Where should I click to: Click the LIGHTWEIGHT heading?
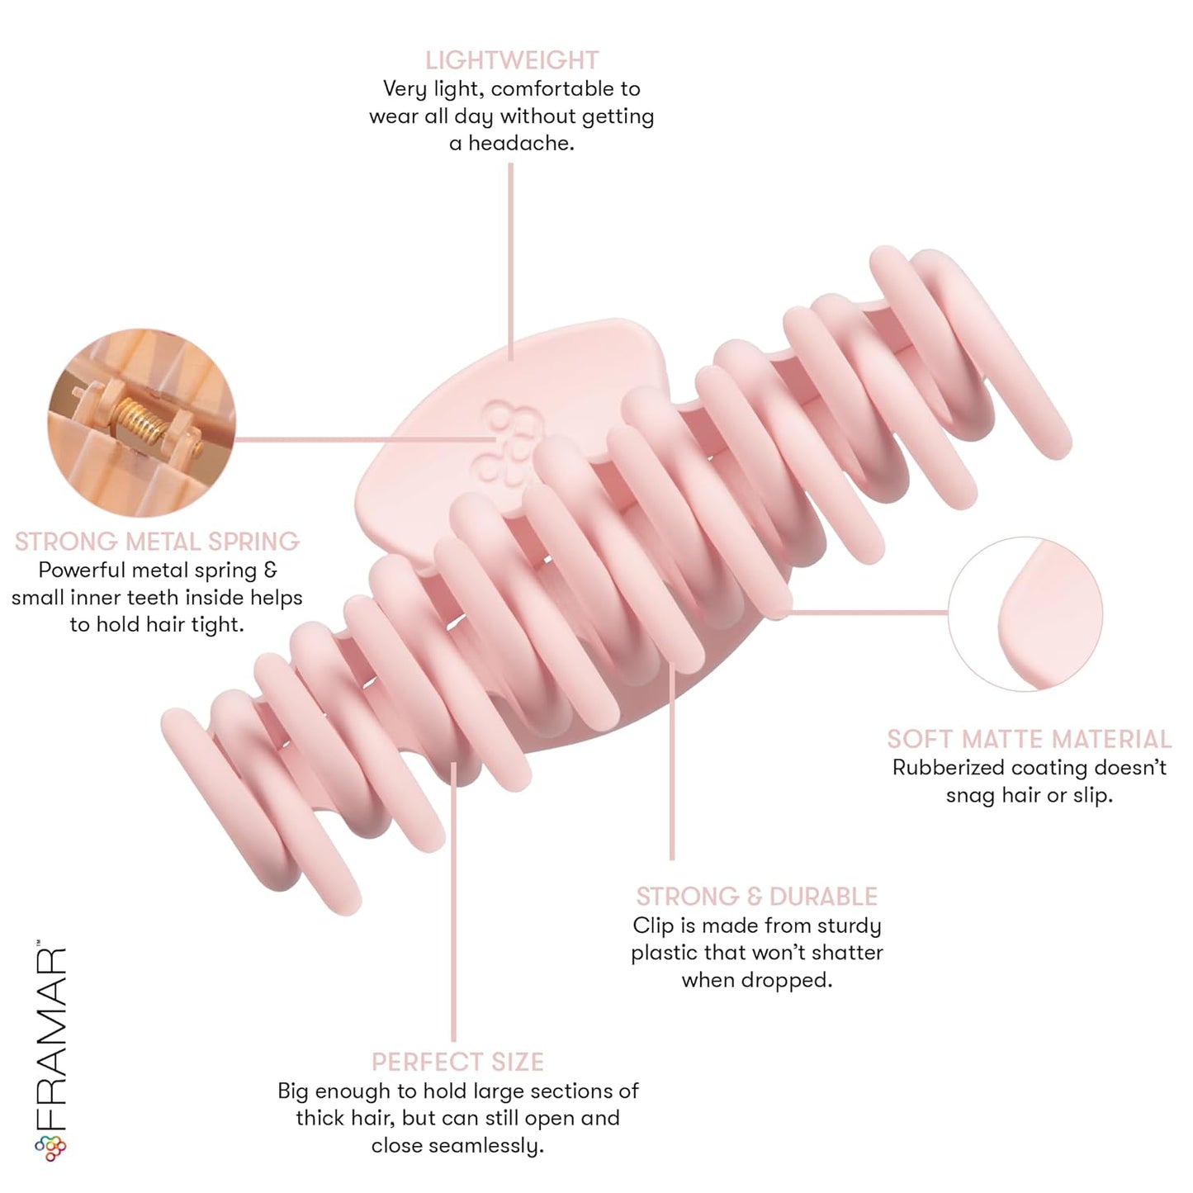[511, 60]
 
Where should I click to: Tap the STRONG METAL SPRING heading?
[157, 542]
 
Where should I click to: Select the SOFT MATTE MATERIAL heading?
[1029, 739]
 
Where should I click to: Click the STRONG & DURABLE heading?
[756, 897]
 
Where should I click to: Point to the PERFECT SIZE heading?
[457, 1062]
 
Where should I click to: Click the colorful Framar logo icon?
[50, 1148]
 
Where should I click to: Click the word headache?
[521, 144]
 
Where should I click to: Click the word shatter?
[847, 952]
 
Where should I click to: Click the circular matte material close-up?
[1025, 614]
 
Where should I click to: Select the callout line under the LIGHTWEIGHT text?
[511, 261]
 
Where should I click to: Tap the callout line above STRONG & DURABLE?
[672, 760]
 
